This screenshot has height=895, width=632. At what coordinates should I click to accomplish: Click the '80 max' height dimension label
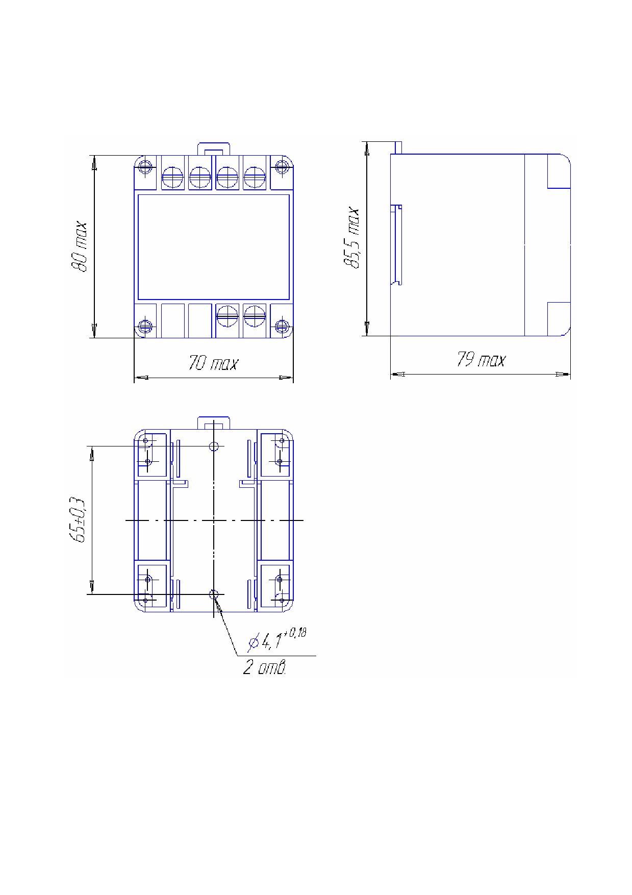80,246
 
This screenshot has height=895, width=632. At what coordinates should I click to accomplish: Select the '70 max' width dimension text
213,363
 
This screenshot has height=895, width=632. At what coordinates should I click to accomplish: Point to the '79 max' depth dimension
481,360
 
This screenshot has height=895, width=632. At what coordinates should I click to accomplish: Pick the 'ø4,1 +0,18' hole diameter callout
276,640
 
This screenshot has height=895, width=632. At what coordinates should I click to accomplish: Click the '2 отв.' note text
264,667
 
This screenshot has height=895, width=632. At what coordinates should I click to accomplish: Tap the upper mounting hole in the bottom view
214,446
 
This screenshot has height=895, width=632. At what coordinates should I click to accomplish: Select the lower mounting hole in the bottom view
214,593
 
